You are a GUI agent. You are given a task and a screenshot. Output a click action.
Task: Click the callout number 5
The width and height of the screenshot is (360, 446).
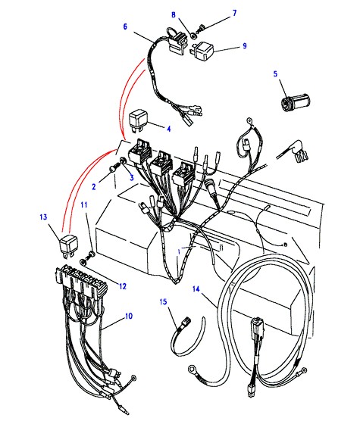click(275, 74)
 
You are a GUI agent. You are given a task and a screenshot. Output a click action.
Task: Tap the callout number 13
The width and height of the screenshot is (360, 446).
click(43, 217)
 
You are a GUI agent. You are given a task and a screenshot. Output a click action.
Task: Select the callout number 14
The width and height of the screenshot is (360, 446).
click(196, 289)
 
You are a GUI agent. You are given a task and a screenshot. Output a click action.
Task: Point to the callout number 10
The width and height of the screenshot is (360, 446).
click(129, 316)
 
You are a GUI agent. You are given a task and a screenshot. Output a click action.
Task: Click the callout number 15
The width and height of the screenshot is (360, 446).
click(164, 302)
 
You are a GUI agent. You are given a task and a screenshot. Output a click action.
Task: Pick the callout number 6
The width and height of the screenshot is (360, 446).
click(125, 27)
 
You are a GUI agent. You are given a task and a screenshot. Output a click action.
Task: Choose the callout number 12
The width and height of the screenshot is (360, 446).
click(122, 286)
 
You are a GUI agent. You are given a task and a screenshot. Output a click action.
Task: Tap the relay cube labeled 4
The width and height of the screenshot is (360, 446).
click(139, 120)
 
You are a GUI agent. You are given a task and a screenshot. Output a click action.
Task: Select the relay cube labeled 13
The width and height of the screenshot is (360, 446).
click(69, 247)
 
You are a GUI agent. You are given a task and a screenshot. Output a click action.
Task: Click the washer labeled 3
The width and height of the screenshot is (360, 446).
click(124, 161)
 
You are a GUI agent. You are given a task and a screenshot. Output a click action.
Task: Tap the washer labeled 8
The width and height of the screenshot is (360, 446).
click(193, 36)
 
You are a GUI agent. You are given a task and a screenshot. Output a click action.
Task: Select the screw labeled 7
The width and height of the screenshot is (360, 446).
click(202, 29)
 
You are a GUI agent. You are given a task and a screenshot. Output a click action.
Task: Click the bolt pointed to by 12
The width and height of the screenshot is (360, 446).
click(86, 257)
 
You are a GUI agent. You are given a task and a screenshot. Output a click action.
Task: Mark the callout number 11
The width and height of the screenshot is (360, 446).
click(84, 204)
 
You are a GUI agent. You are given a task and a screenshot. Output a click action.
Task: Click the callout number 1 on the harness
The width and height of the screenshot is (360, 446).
click(179, 251)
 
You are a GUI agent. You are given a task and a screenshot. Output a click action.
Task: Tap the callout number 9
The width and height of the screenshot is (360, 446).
click(245, 46)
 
